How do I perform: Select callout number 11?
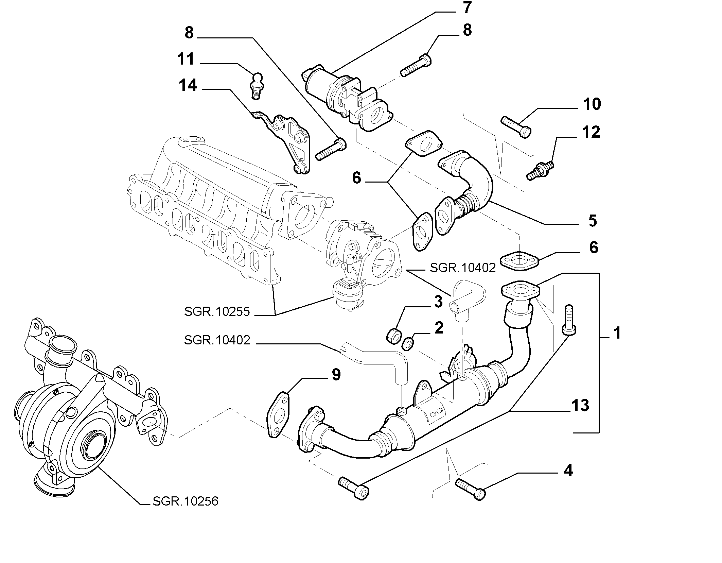point(186,59)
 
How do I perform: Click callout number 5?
point(593,221)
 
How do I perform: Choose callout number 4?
point(568,471)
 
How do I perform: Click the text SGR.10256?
point(186,501)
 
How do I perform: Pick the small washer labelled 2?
point(407,344)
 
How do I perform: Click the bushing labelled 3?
point(394,335)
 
